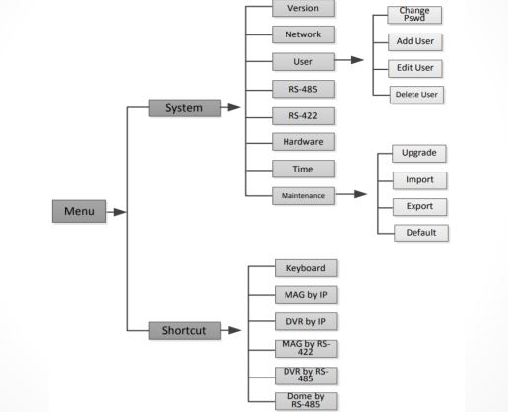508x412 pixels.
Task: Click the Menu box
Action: pyautogui.click(x=79, y=211)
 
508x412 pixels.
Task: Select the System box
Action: pyautogui.click(x=184, y=107)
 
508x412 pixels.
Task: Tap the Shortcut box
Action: pyautogui.click(x=184, y=330)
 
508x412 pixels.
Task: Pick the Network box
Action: pyautogui.click(x=303, y=34)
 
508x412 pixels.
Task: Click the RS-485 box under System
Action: pyautogui.click(x=303, y=89)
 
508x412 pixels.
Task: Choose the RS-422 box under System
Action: pyautogui.click(x=303, y=116)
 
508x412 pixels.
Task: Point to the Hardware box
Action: pyautogui.click(x=303, y=142)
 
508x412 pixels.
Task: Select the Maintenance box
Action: pyautogui.click(x=303, y=196)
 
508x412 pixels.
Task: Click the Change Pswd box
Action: pyautogui.click(x=414, y=15)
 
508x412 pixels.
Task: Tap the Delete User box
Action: pyautogui.click(x=416, y=95)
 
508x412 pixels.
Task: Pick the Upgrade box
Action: pyautogui.click(x=419, y=153)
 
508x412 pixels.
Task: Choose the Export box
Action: pyautogui.click(x=419, y=207)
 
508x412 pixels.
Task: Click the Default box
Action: pyautogui.click(x=421, y=234)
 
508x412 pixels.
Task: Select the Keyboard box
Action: pyautogui.click(x=306, y=268)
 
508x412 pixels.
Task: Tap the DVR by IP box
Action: pyautogui.click(x=306, y=321)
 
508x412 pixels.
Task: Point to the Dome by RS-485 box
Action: pyautogui.click(x=306, y=401)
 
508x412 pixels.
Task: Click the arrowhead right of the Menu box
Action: pyautogui.click(x=120, y=212)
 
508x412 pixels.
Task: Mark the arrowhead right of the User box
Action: pyautogui.click(x=357, y=60)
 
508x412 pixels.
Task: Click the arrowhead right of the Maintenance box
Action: pyautogui.click(x=360, y=194)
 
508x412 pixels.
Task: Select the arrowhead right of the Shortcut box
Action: pyautogui.click(x=235, y=330)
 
